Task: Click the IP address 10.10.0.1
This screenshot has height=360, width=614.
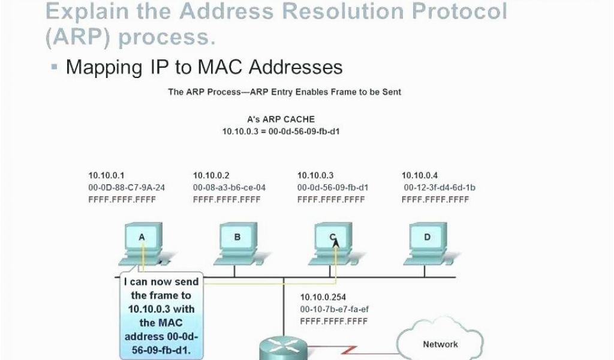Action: (x=106, y=175)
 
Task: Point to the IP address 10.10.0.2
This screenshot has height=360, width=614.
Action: (x=211, y=175)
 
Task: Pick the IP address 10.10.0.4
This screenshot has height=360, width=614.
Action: (x=419, y=175)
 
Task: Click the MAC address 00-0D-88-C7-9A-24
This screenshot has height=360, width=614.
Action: (x=127, y=188)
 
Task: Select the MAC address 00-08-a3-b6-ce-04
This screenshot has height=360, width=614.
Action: (x=229, y=188)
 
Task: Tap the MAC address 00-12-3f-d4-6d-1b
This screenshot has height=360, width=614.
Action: (x=440, y=188)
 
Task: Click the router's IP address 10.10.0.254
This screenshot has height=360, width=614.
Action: (x=323, y=298)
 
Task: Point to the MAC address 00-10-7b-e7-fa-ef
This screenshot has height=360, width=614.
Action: (x=335, y=310)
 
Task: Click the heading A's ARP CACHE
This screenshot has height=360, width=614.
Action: (x=281, y=119)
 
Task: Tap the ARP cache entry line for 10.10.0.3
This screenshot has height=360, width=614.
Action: (x=281, y=131)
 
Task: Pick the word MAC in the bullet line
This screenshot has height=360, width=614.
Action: (x=221, y=67)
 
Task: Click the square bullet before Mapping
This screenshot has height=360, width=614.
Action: (x=54, y=67)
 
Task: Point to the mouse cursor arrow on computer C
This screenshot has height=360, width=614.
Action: (x=336, y=243)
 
